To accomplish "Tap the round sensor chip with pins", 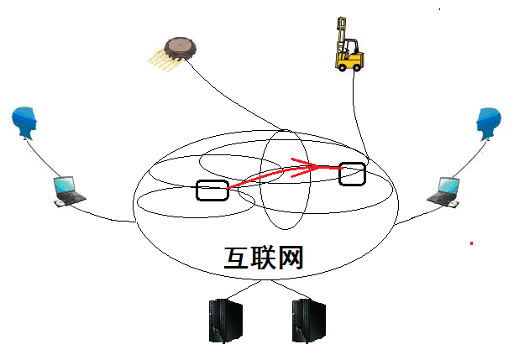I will click(x=181, y=46).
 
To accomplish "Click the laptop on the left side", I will click(x=66, y=190).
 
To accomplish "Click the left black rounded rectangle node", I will click(x=212, y=190).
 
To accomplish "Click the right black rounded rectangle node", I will click(x=353, y=173).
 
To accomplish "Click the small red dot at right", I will click(x=471, y=243).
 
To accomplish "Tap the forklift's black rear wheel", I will click(x=360, y=65).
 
